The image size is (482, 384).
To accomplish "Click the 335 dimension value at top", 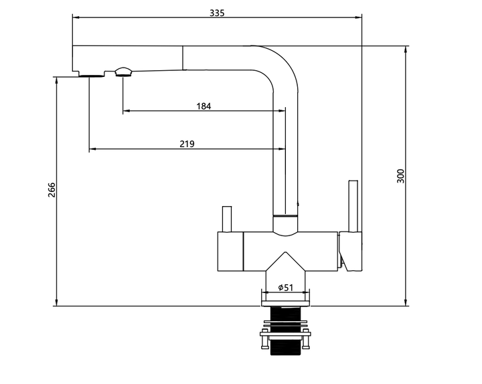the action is [x=217, y=13].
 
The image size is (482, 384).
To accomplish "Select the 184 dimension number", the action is [x=204, y=106].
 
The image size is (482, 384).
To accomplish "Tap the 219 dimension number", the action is [x=187, y=144].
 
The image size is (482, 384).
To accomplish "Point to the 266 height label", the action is [x=52, y=190].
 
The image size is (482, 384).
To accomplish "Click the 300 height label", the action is [x=400, y=176].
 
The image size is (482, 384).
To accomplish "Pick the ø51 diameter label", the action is [x=286, y=288].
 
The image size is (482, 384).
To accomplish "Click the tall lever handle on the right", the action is [x=353, y=206].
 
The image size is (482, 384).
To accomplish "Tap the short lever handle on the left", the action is [x=227, y=219].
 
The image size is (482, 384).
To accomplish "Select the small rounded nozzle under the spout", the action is [x=123, y=72].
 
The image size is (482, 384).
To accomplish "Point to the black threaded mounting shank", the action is [x=286, y=330].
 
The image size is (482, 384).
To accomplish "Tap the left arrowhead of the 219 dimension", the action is [x=92, y=149].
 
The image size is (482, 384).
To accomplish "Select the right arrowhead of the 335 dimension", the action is [x=358, y=17].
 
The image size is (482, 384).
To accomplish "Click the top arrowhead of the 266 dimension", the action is [x=56, y=80].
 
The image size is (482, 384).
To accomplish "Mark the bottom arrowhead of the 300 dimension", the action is [x=406, y=302].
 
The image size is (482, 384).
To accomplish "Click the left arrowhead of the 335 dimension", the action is [x=76, y=17].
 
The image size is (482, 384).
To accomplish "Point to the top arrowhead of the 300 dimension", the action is [x=406, y=50].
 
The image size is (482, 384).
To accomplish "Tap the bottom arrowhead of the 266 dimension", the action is [x=56, y=302].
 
